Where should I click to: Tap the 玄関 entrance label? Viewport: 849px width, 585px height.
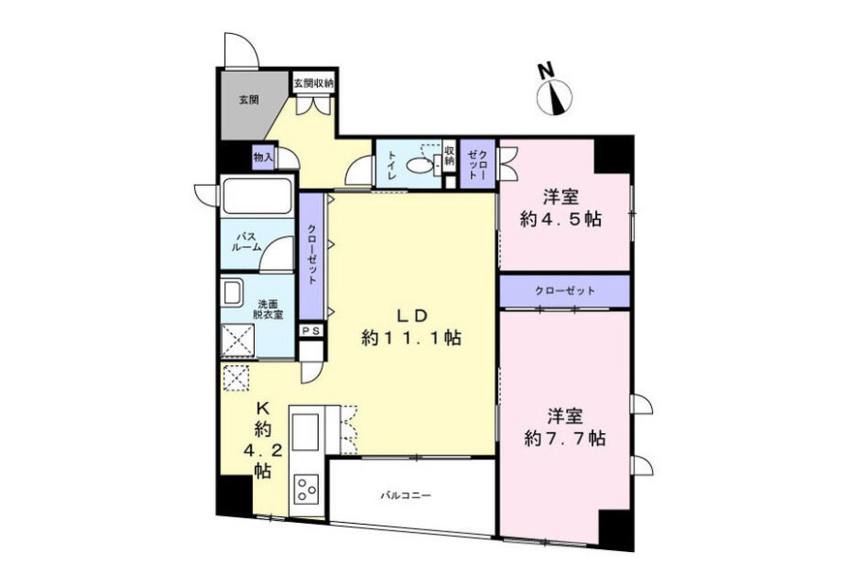249,100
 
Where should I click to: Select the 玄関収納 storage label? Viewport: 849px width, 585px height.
313,84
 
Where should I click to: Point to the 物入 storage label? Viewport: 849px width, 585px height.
263,157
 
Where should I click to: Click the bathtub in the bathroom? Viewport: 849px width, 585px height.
258,196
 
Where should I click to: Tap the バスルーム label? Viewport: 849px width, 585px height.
246,242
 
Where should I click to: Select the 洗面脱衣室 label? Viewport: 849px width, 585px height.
269,309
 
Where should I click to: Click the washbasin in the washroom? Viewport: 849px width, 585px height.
232,293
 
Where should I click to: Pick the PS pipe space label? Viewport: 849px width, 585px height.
310,330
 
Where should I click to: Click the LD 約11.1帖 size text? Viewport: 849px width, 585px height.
411,326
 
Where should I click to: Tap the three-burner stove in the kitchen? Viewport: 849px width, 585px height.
306,489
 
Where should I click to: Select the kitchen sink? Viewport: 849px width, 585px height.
306,432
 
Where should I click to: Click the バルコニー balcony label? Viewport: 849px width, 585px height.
406,495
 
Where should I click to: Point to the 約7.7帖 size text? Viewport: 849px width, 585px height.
565,438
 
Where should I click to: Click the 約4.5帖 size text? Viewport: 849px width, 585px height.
561,219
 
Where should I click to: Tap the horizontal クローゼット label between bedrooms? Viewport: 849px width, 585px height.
565,291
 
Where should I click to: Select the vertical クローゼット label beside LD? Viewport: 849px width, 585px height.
312,255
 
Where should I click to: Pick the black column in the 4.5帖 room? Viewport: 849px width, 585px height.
613,155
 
